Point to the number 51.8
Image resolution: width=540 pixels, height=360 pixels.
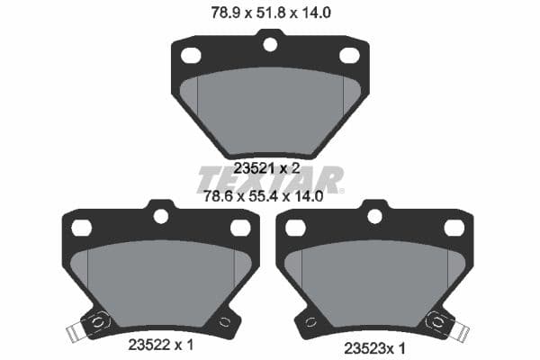[257, 13]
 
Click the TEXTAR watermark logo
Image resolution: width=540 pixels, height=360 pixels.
[269, 179]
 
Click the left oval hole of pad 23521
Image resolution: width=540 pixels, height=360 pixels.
[191, 55]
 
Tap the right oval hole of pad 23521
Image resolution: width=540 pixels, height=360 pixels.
[349, 55]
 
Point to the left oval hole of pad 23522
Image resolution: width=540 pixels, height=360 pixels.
[81, 228]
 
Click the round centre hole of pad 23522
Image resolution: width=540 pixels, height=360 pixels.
[161, 216]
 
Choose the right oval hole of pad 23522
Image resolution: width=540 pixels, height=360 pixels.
[239, 228]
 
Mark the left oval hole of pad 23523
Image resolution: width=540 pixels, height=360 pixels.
[296, 228]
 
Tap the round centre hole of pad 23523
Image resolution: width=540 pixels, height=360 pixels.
[375, 216]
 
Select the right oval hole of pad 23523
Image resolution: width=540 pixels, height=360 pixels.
[454, 228]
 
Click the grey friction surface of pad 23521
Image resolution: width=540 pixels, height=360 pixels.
[270, 108]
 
